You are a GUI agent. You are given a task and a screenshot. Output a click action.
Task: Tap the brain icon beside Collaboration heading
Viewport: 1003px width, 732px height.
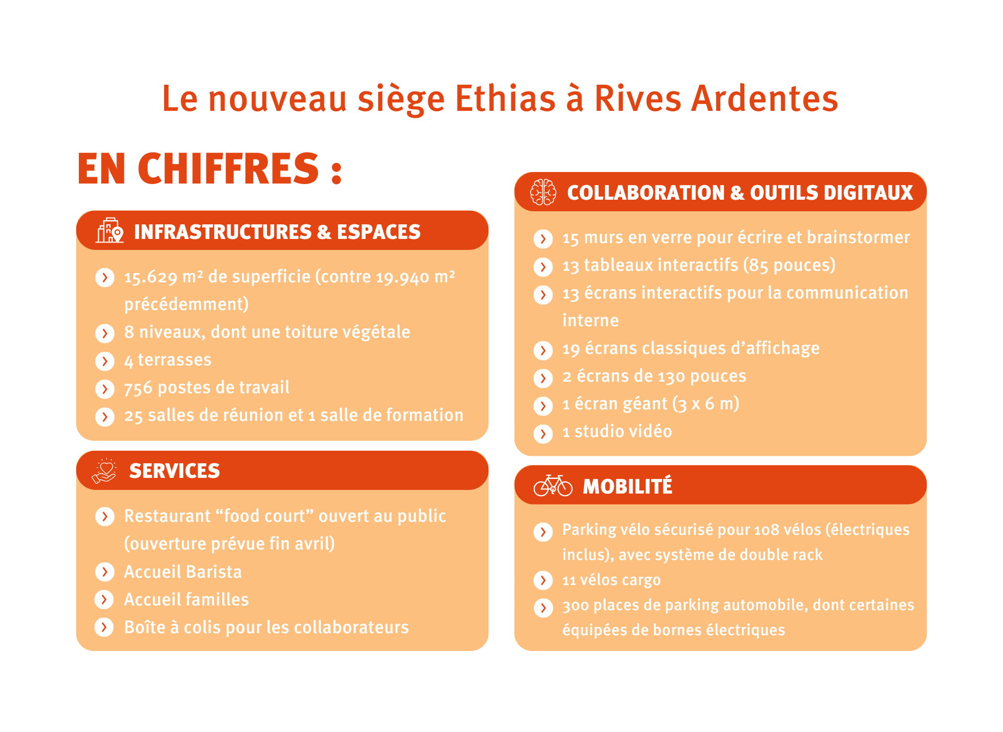coord(543,192)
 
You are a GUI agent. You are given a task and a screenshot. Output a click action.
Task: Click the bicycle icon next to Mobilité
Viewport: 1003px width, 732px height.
coord(553,485)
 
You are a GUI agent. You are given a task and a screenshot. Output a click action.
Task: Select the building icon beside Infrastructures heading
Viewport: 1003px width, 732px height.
coord(110,231)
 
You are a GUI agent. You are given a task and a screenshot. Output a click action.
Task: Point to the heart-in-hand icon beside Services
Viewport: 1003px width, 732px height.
coord(104,471)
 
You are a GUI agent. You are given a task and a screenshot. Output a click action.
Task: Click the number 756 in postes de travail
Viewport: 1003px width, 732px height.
coord(138,388)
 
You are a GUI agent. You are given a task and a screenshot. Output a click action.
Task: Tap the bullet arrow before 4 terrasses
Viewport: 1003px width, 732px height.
coord(105,361)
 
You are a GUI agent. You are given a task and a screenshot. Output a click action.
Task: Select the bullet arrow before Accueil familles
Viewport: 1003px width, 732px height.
coord(104,599)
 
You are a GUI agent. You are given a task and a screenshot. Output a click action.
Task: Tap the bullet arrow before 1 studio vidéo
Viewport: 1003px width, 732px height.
coord(543,433)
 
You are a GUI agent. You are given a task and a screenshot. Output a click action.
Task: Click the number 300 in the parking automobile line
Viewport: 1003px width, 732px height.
coord(575,605)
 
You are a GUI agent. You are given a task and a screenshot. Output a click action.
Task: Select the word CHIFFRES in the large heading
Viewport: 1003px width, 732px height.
coord(228,168)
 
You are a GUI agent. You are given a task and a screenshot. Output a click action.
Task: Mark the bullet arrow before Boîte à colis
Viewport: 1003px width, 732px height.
coord(104,627)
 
